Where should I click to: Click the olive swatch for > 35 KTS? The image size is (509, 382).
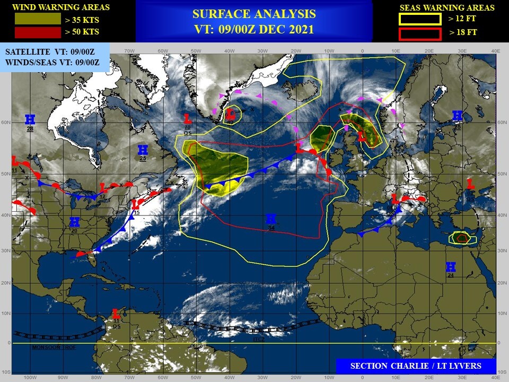(x=37, y=19)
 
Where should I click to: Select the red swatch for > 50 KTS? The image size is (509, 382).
(x=37, y=32)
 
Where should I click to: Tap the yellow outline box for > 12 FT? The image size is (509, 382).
(x=420, y=19)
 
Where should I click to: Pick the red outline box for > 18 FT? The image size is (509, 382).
(x=420, y=34)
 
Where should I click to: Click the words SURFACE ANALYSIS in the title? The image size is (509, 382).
(x=254, y=14)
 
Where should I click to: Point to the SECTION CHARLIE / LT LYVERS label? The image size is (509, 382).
(x=416, y=366)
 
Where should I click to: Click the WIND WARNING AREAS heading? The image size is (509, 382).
(x=61, y=7)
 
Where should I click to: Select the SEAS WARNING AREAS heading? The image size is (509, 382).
(x=446, y=7)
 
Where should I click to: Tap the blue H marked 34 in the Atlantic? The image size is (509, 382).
(x=271, y=219)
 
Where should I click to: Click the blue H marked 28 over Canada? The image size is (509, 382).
(x=30, y=119)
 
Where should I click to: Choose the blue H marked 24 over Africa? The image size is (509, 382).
(x=451, y=266)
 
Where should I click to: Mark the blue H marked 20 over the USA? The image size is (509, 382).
(x=74, y=222)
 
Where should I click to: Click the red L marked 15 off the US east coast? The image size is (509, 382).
(x=136, y=204)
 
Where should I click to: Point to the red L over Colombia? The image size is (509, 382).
(x=116, y=314)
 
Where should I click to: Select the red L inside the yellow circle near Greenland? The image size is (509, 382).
(x=230, y=114)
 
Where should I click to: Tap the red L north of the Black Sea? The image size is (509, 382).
(x=470, y=184)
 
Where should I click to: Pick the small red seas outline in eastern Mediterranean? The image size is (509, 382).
(x=461, y=239)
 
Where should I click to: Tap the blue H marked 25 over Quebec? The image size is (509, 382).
(x=143, y=150)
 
